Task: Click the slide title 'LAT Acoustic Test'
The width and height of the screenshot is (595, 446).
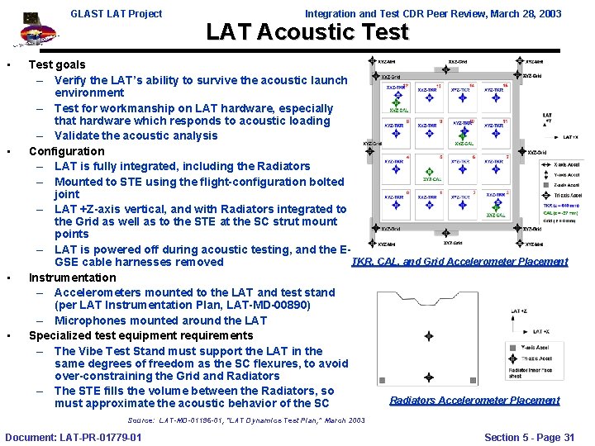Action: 307,32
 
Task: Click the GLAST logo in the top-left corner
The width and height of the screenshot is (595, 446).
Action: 31,31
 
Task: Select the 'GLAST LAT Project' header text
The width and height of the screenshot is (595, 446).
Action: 117,13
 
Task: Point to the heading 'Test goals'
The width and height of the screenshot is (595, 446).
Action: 57,64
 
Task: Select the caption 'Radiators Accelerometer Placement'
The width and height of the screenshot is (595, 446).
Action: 474,401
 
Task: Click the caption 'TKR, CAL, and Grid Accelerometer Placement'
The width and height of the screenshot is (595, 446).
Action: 459,262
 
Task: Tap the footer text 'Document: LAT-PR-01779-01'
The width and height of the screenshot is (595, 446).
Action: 73,437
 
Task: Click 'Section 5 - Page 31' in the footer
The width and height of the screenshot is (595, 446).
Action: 529,437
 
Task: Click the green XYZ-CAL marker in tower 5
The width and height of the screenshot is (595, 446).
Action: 432,176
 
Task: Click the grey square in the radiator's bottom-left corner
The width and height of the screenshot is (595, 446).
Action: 381,381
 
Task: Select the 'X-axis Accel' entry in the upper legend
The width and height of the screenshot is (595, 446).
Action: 566,164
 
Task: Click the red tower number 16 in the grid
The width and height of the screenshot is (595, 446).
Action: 505,85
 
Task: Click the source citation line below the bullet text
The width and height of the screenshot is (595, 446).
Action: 246,420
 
